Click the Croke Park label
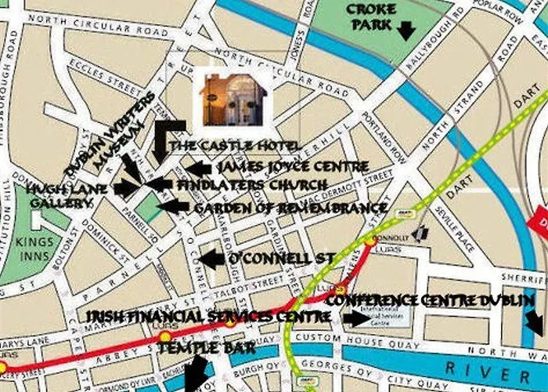click(371, 16)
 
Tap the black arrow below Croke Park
click(406, 31)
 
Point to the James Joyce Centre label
click(292, 167)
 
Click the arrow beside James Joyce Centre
click(197, 168)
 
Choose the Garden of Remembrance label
click(290, 208)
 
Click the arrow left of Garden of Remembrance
click(175, 207)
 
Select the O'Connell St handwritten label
click(279, 258)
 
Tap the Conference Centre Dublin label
click(430, 299)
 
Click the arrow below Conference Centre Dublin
click(535, 321)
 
